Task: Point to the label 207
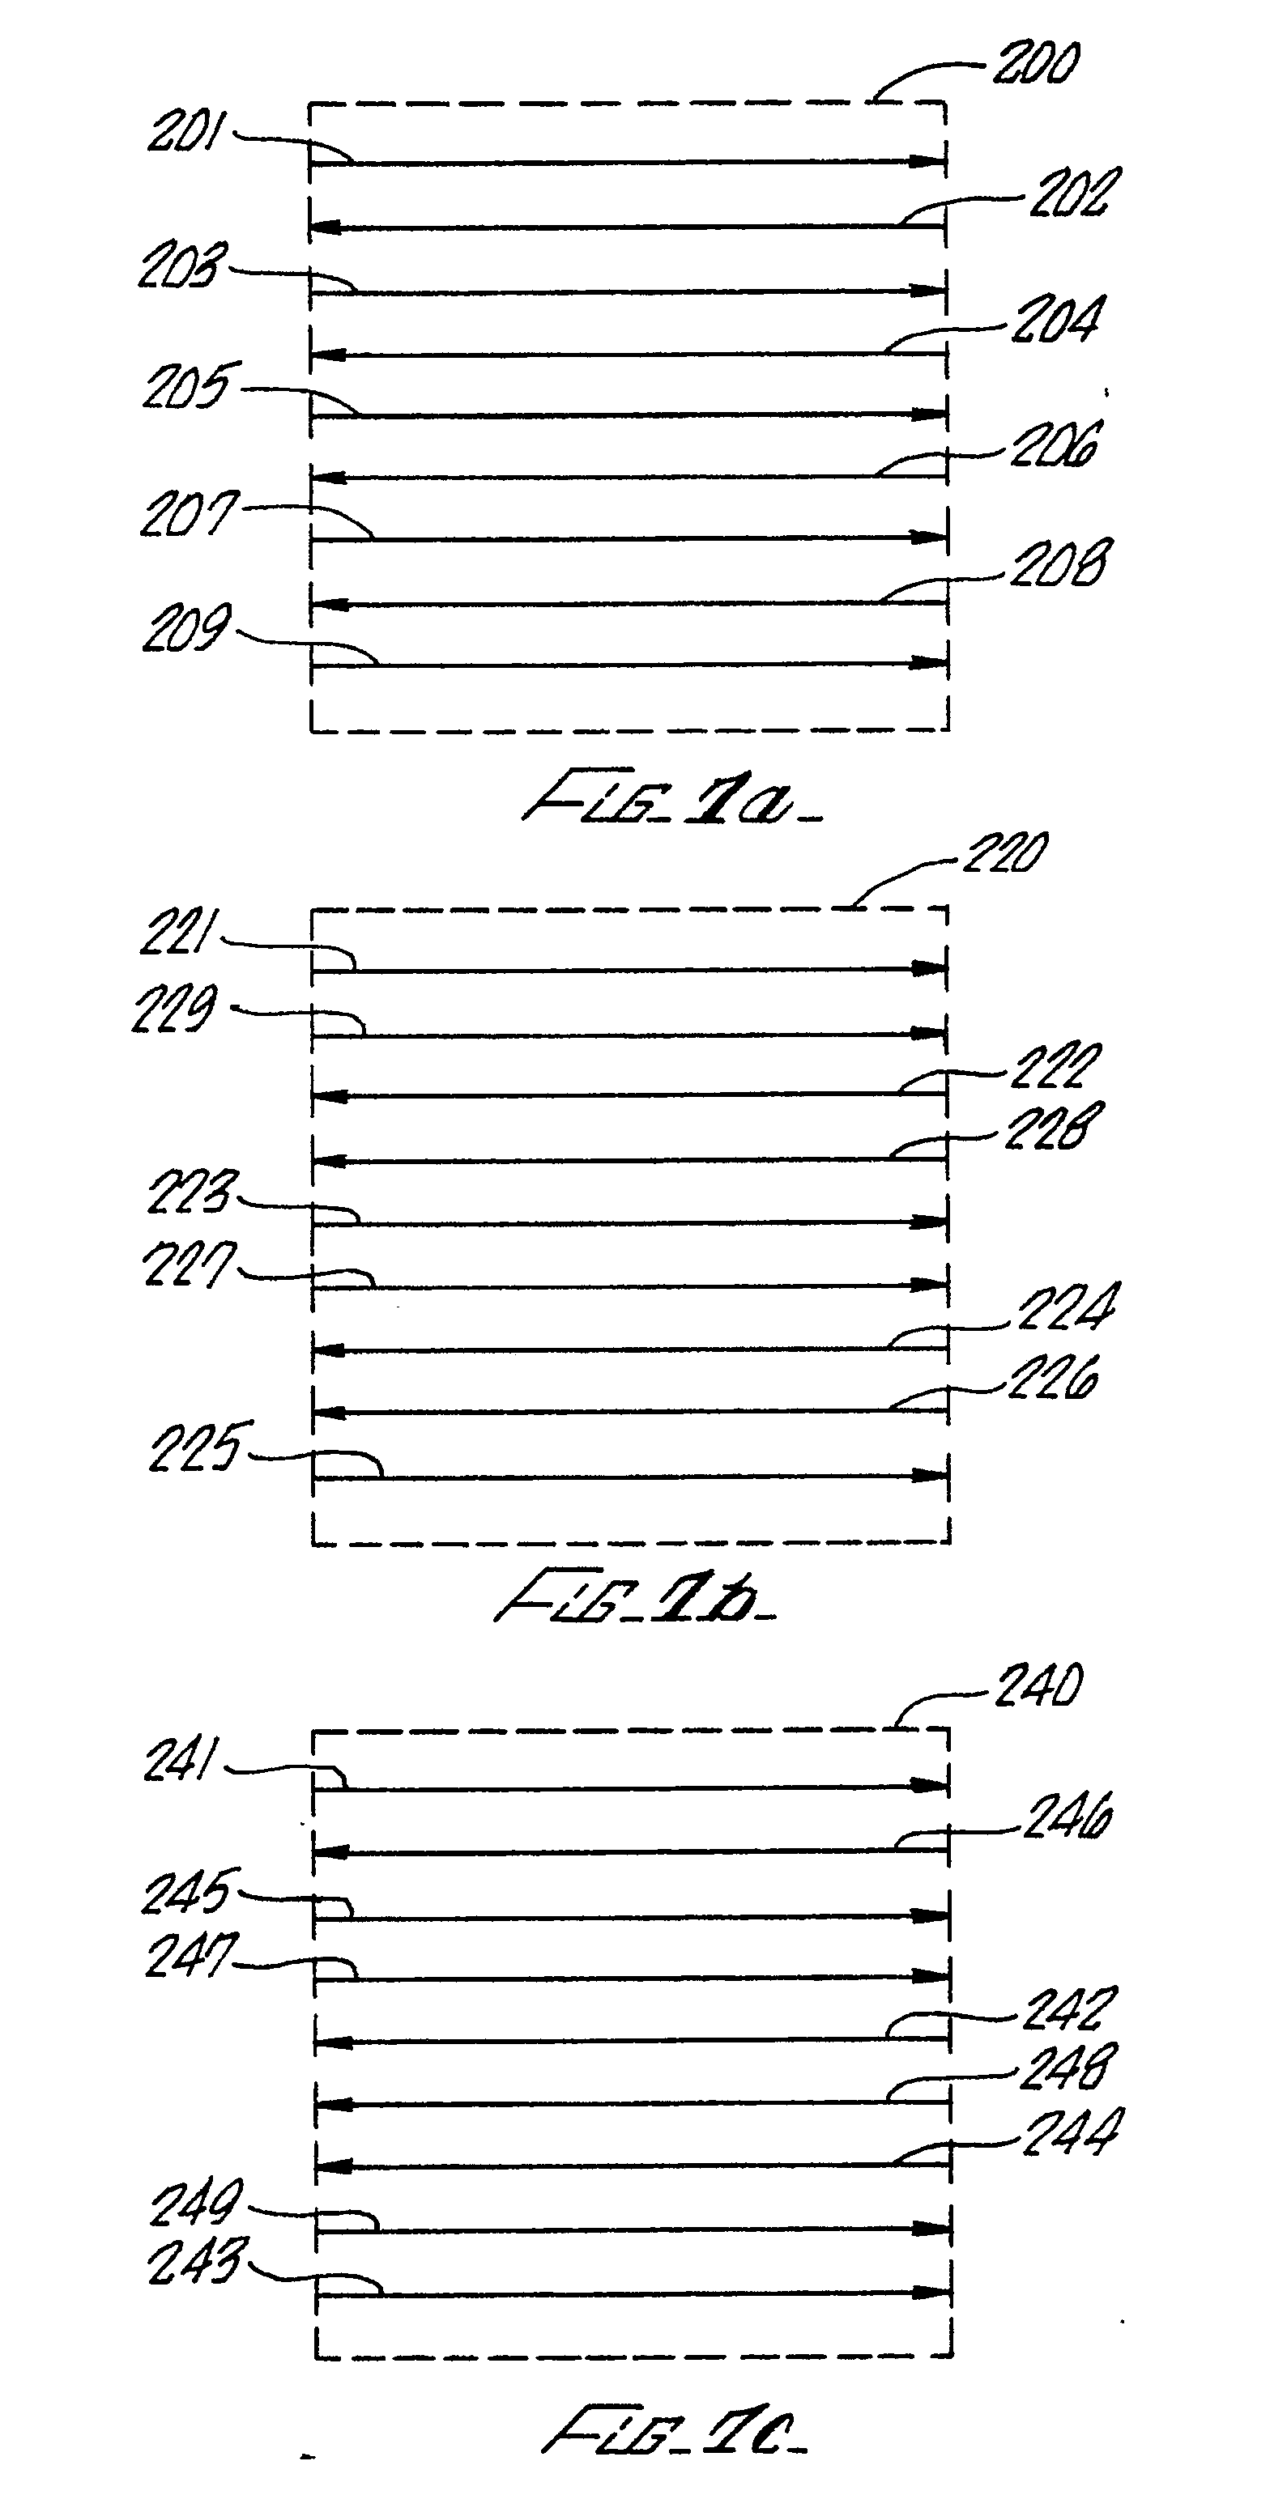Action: (x=188, y=514)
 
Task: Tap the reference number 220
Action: (x=1004, y=853)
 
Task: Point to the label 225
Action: (x=195, y=1447)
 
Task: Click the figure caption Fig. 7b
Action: (x=635, y=1598)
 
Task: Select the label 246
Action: (x=1068, y=1819)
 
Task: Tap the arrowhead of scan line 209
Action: (x=931, y=664)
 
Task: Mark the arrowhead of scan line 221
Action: (x=931, y=969)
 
